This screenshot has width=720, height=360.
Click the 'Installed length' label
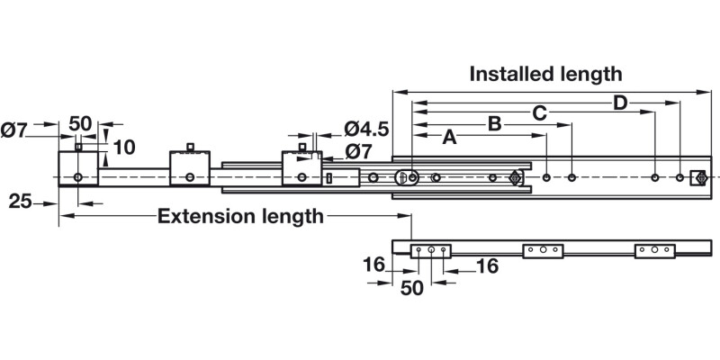click(x=545, y=74)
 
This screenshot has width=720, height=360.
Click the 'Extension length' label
click(x=240, y=216)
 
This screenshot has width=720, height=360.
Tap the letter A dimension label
click(x=449, y=137)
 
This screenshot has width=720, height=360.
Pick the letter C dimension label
click(x=539, y=113)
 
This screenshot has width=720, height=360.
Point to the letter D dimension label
click(x=620, y=103)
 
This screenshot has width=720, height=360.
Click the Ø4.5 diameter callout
click(x=366, y=129)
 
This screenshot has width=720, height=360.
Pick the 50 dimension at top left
click(x=80, y=123)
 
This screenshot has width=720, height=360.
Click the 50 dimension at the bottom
click(x=411, y=288)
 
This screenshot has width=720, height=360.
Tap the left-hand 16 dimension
click(x=374, y=265)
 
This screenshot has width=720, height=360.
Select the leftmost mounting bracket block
click(x=78, y=168)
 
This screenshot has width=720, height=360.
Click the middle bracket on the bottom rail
click(x=544, y=250)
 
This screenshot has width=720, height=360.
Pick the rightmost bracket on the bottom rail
click(x=654, y=250)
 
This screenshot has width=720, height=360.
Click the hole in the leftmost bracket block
click(x=78, y=177)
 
